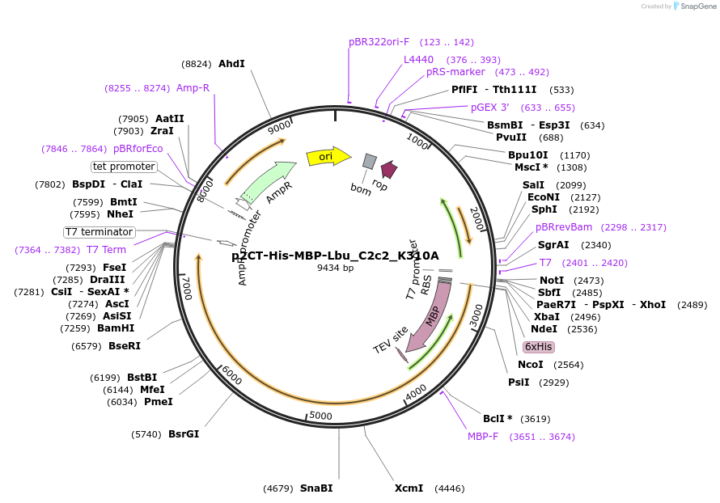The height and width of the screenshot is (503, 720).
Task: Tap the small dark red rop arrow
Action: pyautogui.click(x=388, y=169)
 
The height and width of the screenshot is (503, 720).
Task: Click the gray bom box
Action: pyautogui.click(x=369, y=162)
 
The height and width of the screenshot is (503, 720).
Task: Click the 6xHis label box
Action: pyautogui.click(x=538, y=346)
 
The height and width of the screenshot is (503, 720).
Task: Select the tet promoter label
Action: pyautogui.click(x=124, y=167)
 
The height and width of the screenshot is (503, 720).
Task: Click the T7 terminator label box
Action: pyautogui.click(x=100, y=232)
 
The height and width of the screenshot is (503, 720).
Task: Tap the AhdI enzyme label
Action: pyautogui.click(x=231, y=63)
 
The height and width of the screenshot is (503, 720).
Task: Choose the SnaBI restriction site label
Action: pyautogui.click(x=316, y=488)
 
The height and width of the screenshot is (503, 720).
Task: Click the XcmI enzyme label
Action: pyautogui.click(x=409, y=488)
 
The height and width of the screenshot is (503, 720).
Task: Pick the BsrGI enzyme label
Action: pyautogui.click(x=184, y=433)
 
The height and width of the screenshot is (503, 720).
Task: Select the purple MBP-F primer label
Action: pyautogui.click(x=483, y=436)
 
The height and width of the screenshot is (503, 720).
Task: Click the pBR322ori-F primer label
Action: pyautogui.click(x=379, y=41)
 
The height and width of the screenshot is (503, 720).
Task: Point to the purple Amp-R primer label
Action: pyautogui.click(x=193, y=87)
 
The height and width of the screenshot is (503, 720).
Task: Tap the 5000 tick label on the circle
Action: pyautogui.click(x=321, y=416)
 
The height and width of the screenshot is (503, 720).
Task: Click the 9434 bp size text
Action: pyautogui.click(x=335, y=268)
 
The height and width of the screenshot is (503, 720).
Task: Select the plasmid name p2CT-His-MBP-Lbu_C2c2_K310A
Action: pyautogui.click(x=335, y=256)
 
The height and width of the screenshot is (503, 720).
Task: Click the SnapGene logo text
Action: pyautogui.click(x=698, y=6)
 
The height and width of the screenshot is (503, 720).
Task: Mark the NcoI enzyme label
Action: pyautogui.click(x=531, y=364)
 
